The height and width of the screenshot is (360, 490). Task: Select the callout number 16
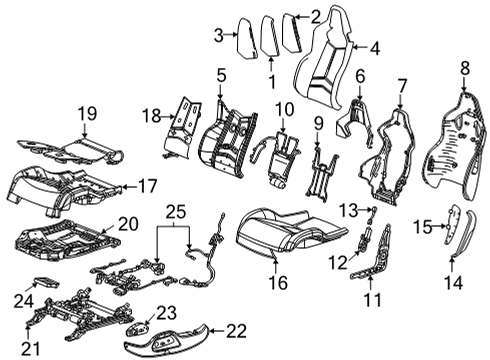pos(273,283)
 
